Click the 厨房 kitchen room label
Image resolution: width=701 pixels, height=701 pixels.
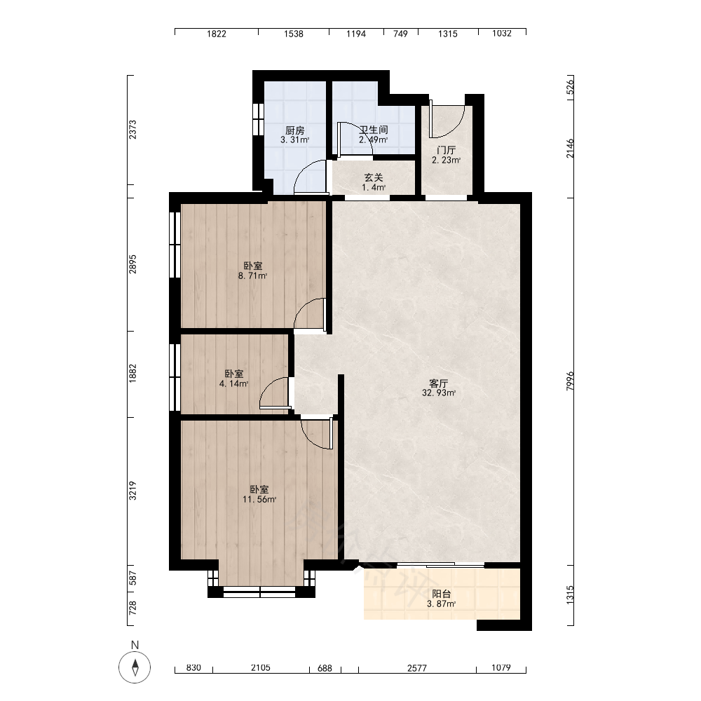pyautogui.click(x=295, y=130)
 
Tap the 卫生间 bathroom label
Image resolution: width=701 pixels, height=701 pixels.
pyautogui.click(x=374, y=130)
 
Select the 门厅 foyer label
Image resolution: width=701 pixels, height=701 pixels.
pyautogui.click(x=446, y=150)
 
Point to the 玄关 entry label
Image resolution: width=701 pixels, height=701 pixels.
pyautogui.click(x=374, y=178)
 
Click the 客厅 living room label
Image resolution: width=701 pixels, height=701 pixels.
pyautogui.click(x=439, y=383)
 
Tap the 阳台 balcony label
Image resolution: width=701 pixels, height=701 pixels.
pyautogui.click(x=441, y=594)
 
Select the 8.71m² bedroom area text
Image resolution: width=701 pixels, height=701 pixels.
pyautogui.click(x=252, y=275)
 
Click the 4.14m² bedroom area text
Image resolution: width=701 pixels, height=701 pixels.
pyautogui.click(x=234, y=383)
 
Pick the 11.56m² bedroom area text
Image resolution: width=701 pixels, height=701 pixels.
pyautogui.click(x=259, y=499)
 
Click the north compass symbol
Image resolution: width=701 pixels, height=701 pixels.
pyautogui.click(x=135, y=667)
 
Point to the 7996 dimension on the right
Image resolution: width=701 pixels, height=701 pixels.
pyautogui.click(x=570, y=381)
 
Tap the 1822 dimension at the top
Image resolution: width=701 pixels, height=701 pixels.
pyautogui.click(x=217, y=34)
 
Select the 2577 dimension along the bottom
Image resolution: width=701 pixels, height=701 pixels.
pyautogui.click(x=417, y=668)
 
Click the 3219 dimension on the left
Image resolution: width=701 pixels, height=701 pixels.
pyautogui.click(x=132, y=491)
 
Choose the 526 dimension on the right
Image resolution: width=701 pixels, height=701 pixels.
pyautogui.click(x=570, y=86)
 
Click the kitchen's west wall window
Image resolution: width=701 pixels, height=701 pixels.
pyautogui.click(x=257, y=119)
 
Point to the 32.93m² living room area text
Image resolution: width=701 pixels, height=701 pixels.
pyautogui.click(x=439, y=393)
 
